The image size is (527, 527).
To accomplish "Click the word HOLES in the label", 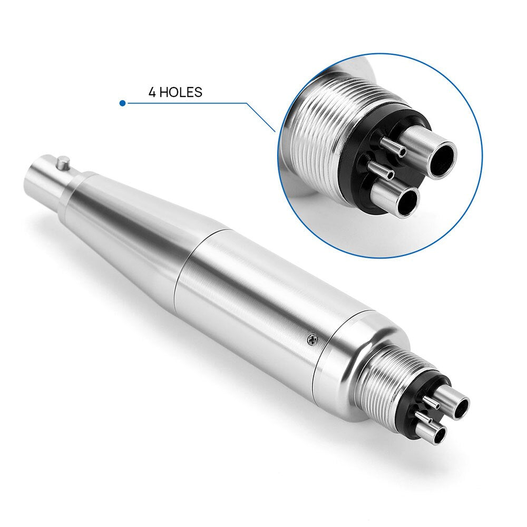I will point(181,92).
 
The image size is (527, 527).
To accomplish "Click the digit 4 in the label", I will point(152,92).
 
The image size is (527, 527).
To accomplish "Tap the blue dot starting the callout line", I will point(122,103).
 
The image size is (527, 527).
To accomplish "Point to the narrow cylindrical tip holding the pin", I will point(45,177).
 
